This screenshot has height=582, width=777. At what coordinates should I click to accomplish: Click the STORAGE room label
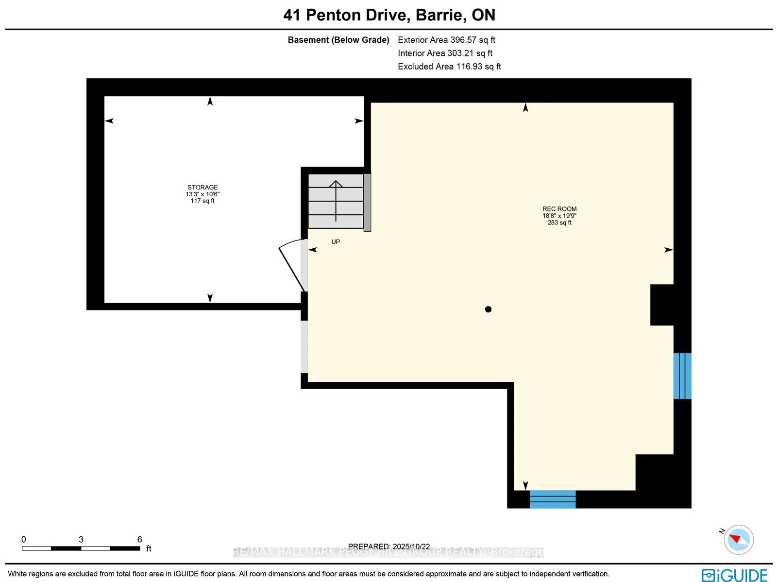[x=203, y=187]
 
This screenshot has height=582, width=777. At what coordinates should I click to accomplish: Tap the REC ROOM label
[x=559, y=209]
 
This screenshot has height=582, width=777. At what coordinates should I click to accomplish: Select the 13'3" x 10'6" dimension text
[x=203, y=194]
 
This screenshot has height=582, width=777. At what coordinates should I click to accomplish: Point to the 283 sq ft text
[x=559, y=223]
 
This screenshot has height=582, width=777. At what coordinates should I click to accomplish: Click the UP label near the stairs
[x=336, y=241]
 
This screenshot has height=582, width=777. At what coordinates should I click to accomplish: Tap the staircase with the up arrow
[x=336, y=201]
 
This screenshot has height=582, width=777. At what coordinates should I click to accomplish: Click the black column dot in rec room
[x=488, y=309]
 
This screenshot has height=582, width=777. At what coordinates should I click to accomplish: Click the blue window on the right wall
[x=682, y=376]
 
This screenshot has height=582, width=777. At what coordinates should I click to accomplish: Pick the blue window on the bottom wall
[x=552, y=499]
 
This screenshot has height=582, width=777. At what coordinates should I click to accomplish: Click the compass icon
[x=738, y=539]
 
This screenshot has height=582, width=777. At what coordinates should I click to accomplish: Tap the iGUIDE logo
[x=734, y=575]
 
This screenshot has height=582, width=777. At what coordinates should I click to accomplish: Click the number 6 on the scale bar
[x=139, y=539]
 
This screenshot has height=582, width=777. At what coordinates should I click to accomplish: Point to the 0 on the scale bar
[x=24, y=539]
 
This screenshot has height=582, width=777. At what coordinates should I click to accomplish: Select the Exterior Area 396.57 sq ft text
[x=446, y=40]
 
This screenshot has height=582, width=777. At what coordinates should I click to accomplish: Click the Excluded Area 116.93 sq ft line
[x=449, y=66]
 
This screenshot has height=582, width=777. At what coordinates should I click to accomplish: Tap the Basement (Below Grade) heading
[x=338, y=40]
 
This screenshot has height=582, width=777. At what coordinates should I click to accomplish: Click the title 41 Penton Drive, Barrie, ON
[x=389, y=15]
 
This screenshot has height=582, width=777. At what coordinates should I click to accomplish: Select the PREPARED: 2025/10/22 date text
[x=389, y=546]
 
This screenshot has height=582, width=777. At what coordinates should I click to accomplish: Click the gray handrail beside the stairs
[x=368, y=203]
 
